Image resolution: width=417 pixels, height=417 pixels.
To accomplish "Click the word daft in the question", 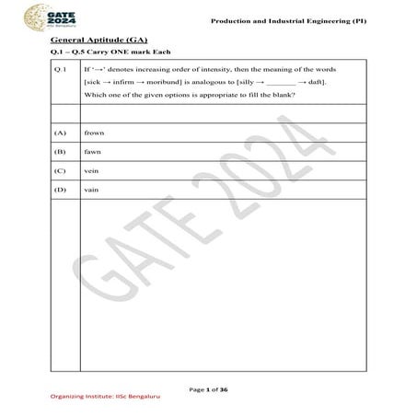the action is (x=313, y=83).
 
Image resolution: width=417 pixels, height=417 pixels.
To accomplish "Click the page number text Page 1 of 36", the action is (x=209, y=390).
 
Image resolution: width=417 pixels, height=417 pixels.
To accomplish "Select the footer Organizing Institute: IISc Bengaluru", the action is (x=94, y=402).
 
